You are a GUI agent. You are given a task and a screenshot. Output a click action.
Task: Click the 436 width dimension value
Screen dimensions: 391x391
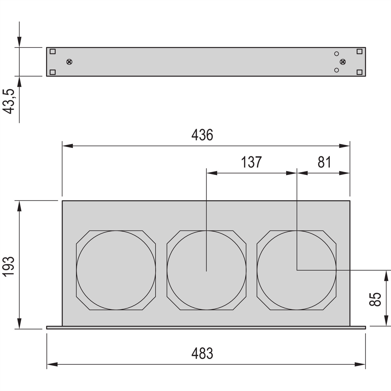202,135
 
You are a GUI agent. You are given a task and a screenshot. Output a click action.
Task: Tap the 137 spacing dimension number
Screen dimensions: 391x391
252,162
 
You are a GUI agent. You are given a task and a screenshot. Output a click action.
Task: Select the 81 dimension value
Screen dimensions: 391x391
324,162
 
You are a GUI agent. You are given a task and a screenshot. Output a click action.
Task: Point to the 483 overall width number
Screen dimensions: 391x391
202,353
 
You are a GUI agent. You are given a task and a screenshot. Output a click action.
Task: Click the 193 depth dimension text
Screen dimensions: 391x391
9,266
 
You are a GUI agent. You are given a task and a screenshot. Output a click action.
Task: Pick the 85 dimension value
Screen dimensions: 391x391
375,299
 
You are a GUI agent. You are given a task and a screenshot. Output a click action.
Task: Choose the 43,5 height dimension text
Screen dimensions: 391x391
9,101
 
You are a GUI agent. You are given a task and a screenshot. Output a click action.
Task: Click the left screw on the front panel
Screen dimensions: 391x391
69,62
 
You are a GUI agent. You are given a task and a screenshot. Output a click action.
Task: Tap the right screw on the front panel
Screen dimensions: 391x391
343,62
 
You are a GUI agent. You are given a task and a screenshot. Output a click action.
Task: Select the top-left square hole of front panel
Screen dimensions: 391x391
52,51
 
